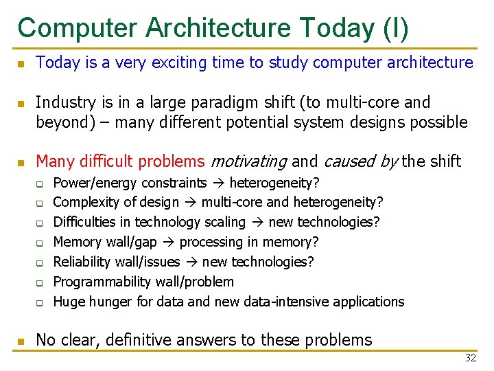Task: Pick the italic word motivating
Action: pyautogui.click(x=248, y=161)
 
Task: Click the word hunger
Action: pyautogui.click(x=108, y=302)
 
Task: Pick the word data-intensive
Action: pyautogui.click(x=289, y=302)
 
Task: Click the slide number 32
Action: pyautogui.click(x=471, y=358)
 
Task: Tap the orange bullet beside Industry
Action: pyautogui.click(x=21, y=104)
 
